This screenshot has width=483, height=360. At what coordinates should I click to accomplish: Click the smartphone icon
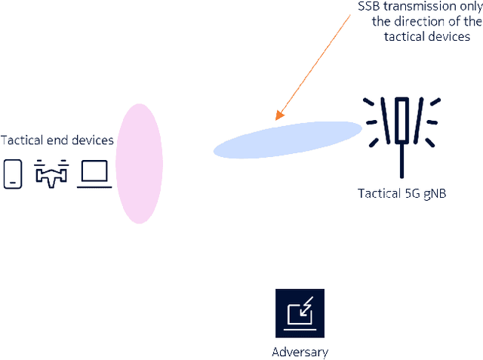[x=13, y=174]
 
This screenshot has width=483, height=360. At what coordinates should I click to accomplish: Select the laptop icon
[x=94, y=174]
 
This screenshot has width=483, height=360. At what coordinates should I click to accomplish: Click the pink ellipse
[x=139, y=163]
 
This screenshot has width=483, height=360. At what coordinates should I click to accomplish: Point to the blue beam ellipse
[x=288, y=139]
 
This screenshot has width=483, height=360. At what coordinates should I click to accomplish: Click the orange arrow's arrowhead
[x=278, y=117]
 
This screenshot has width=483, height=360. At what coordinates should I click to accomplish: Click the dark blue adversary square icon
[x=300, y=313]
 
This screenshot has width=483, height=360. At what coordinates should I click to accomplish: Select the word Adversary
[x=300, y=352]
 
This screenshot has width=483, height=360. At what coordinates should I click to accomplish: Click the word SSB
[x=369, y=7]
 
